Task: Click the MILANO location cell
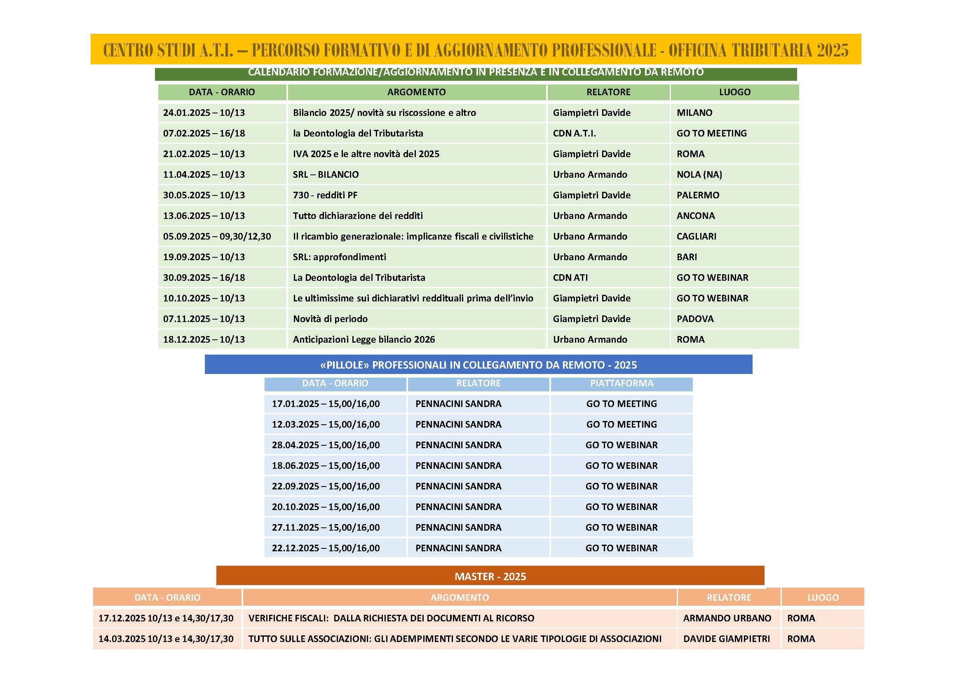pos(694,113)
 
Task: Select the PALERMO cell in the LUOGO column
pos(697,195)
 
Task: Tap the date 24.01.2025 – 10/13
pos(204,113)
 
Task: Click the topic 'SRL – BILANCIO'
pos(326,174)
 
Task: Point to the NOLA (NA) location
pos(699,174)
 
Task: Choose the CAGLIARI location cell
pos(696,236)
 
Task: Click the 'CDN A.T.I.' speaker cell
pos(574,133)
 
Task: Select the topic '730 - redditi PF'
pos(325,195)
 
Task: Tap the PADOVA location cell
pos(695,319)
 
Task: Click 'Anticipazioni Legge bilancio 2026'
pos(364,339)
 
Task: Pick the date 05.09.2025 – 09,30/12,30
pos(217,236)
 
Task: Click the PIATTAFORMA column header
pos(622,383)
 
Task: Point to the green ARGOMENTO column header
pos(416,92)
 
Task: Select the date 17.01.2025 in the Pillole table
pos(326,404)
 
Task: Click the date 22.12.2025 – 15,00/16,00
pos(326,548)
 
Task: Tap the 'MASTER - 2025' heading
pos(490,576)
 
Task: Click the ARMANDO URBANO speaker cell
pos(727,618)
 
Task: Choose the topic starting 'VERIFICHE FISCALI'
pos(391,618)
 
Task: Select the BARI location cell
pos(687,256)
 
